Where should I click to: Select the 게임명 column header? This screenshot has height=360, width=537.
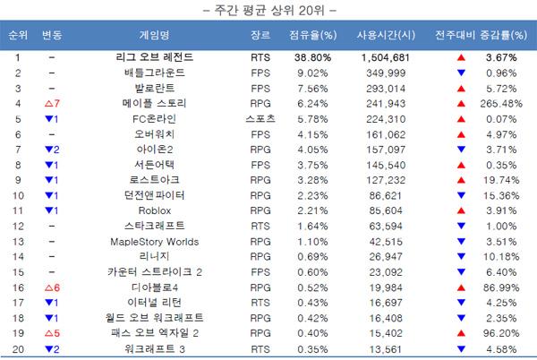click(154, 36)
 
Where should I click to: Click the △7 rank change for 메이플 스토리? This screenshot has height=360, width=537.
click(51, 103)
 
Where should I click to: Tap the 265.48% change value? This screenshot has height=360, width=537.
click(502, 103)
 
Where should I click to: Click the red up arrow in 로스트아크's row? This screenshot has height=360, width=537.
click(461, 179)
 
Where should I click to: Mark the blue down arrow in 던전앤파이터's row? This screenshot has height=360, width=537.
click(461, 194)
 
